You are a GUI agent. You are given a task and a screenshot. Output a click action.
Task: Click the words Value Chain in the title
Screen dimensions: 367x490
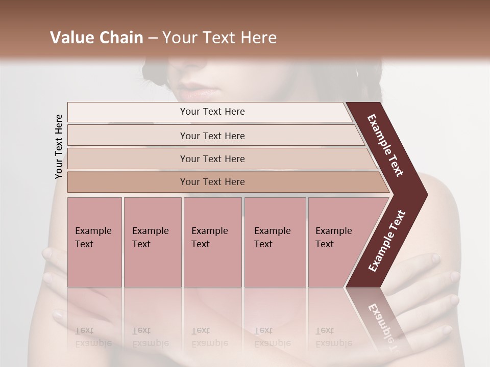click(x=96, y=38)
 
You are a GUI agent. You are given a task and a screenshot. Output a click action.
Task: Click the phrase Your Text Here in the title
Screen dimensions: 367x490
click(x=219, y=38)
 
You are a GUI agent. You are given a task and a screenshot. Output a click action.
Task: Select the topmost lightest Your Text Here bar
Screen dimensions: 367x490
click(x=212, y=112)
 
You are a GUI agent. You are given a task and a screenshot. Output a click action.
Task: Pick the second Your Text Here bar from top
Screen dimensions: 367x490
click(x=212, y=136)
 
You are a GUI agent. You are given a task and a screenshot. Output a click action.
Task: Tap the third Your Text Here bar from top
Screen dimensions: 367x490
click(x=212, y=159)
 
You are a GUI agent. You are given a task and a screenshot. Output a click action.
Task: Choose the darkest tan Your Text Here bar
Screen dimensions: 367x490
click(x=212, y=182)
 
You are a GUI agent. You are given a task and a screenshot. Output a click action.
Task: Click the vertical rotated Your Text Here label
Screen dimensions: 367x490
click(x=59, y=147)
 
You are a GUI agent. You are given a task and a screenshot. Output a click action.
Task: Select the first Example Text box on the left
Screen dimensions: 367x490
click(x=94, y=242)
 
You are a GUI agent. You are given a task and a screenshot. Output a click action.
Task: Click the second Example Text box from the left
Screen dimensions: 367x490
click(x=152, y=242)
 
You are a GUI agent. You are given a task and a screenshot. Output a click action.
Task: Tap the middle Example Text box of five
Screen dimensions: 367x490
click(x=212, y=242)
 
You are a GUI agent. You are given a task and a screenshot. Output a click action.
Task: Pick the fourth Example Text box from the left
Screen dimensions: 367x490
click(x=275, y=242)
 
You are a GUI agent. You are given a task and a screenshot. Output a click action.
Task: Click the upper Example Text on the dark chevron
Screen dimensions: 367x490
click(x=386, y=145)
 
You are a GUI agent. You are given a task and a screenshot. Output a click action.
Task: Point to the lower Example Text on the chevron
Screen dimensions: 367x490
click(x=387, y=241)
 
